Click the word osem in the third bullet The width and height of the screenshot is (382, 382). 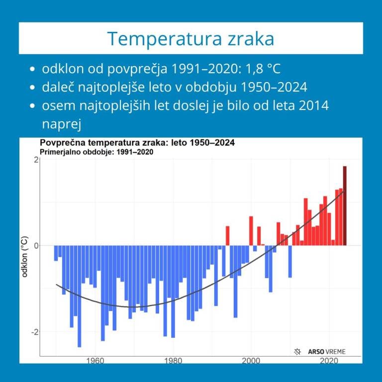56,106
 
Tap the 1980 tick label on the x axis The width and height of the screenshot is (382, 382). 173,361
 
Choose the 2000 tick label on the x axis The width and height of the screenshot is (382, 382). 251,361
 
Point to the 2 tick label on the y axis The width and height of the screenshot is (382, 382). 36,160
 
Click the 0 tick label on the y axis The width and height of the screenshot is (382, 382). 36,246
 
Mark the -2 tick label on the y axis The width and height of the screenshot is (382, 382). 34,332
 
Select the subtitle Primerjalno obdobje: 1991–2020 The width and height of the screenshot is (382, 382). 96,152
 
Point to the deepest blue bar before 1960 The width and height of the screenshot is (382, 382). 80,296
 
